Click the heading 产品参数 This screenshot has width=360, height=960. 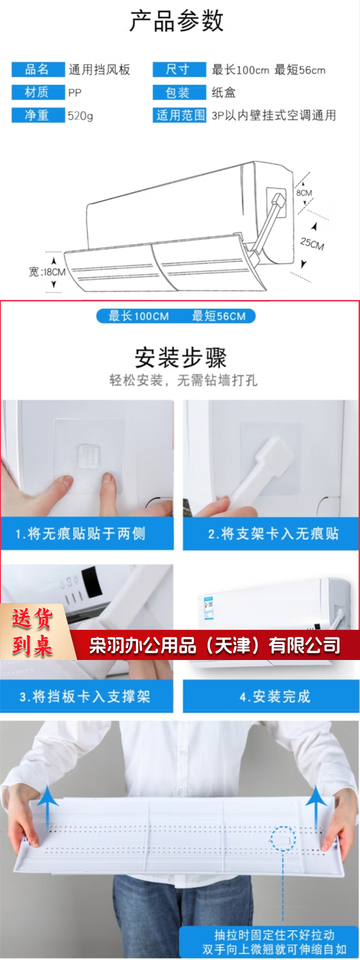pos(177,21)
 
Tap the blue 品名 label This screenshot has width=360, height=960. pos(38,70)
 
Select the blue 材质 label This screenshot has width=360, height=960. pos(38,92)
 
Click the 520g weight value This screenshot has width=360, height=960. pos(80,116)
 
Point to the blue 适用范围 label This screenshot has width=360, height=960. pos(180,115)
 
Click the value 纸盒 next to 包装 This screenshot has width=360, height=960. pos(224,92)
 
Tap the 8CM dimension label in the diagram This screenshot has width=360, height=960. pos(304,192)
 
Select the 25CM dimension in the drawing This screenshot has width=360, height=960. pos(312,244)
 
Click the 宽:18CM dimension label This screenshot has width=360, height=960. pos(47,272)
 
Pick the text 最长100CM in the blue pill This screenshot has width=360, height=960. pos(139,316)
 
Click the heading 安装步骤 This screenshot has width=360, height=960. pos(180,358)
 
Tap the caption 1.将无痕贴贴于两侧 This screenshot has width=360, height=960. pos(80,533)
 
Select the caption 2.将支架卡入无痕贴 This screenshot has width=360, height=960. pos(274,533)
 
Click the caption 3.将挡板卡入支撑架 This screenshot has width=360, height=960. pos(85,696)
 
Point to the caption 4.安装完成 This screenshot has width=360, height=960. pos(275,696)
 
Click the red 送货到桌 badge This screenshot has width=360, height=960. pos(33,632)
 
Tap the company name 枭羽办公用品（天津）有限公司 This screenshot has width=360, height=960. pos(215,646)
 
